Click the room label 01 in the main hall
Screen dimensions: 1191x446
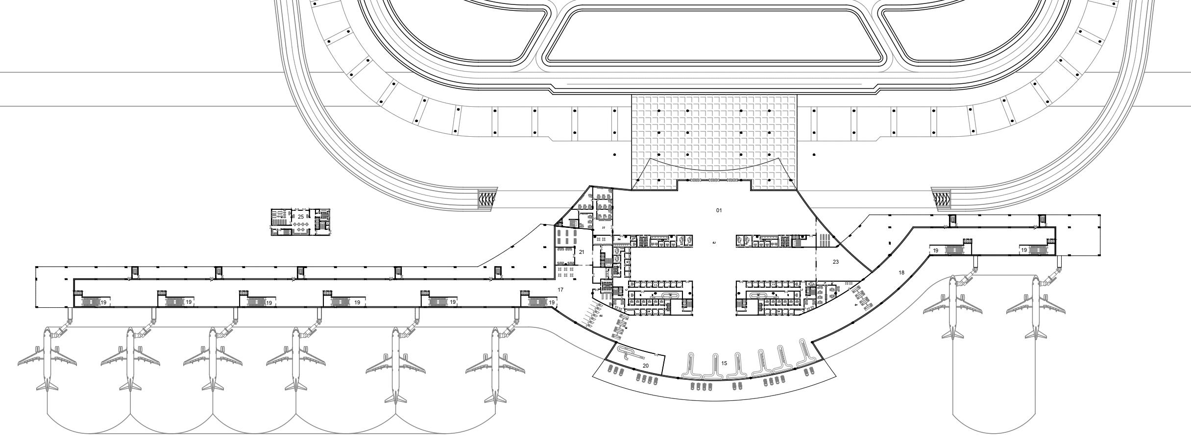(719, 210)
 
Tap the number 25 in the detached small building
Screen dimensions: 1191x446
(300, 217)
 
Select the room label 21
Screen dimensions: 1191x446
(582, 252)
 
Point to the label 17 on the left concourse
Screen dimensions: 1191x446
(560, 290)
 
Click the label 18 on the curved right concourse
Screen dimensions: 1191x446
(901, 273)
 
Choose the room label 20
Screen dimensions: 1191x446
(645, 366)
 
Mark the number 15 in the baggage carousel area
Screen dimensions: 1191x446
(724, 363)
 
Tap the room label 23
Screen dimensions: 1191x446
(835, 262)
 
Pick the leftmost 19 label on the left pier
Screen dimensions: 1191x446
(103, 302)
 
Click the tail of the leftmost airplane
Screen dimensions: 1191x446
(47, 386)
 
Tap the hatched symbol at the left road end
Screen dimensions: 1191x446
(487, 198)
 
